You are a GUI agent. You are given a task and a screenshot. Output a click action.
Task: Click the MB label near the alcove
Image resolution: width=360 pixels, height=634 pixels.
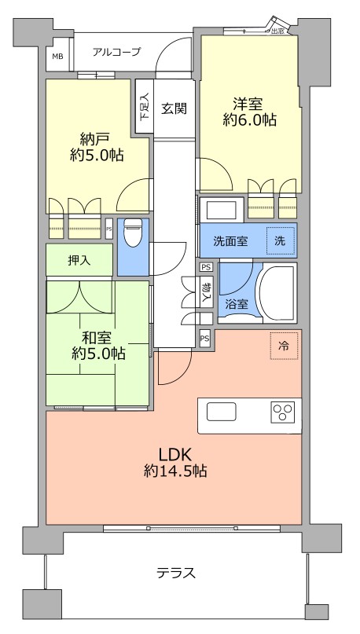[x=57, y=57]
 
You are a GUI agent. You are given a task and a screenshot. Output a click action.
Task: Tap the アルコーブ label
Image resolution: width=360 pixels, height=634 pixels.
[x=116, y=52]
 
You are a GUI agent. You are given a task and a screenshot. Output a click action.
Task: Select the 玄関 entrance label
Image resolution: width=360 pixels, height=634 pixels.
[x=174, y=109]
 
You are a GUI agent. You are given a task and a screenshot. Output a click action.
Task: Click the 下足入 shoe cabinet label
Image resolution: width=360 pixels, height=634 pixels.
[x=144, y=107]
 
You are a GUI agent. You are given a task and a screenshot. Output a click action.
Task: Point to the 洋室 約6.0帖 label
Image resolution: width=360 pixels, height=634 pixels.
[x=248, y=112]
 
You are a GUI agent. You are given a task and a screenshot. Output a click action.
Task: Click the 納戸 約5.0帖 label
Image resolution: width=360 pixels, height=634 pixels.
[x=95, y=146]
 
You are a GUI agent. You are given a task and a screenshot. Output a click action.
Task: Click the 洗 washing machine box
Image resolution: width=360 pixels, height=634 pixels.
[x=280, y=241]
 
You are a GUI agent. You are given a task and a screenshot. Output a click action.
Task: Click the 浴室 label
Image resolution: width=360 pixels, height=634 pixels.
[x=237, y=302]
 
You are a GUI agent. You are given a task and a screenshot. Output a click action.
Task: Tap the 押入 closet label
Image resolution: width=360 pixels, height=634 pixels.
[x=79, y=260]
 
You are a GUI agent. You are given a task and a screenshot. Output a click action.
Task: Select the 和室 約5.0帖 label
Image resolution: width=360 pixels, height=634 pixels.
[x=97, y=346]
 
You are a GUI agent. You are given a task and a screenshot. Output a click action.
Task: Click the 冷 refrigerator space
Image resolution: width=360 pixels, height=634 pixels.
[x=284, y=345]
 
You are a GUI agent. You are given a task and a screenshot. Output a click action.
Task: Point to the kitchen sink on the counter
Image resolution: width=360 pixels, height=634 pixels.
[x=222, y=412]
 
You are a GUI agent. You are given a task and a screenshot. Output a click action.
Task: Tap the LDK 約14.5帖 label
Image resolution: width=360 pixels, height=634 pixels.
[x=175, y=463]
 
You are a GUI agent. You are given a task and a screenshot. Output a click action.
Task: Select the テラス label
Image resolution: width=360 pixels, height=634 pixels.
[x=175, y=573]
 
